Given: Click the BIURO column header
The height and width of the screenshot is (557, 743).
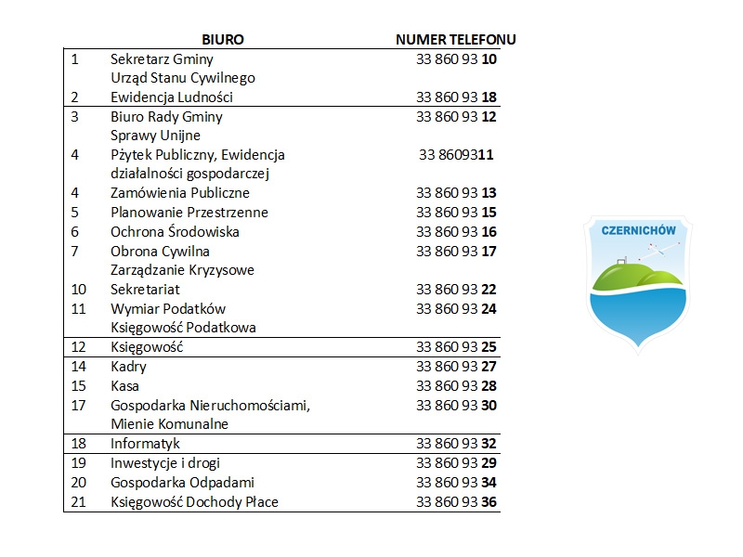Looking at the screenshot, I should (223, 40).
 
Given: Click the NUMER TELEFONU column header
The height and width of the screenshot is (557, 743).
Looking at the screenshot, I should (456, 40).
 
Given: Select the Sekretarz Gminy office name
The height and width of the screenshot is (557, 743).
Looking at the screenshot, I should (162, 58).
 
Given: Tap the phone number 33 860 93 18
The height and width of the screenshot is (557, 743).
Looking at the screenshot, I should (457, 97).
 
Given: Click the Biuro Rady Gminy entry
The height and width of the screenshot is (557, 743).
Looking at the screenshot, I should (166, 117).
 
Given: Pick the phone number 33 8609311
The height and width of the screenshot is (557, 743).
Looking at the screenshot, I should (456, 155).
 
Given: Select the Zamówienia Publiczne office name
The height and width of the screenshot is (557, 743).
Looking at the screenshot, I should (180, 193).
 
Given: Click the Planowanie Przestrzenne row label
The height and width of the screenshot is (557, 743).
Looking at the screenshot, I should (189, 213).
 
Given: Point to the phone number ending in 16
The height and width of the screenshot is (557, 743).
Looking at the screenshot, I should (457, 232).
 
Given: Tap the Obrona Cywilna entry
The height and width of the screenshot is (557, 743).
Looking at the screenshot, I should (160, 252).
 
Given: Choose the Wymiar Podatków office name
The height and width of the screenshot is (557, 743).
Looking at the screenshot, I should (168, 309).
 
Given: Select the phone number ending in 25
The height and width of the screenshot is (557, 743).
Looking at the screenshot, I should (457, 348).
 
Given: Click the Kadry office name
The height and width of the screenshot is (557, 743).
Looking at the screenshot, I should (128, 367).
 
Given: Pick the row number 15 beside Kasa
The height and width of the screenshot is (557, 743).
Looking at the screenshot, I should (78, 386).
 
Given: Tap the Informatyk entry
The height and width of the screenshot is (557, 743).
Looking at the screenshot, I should (145, 444).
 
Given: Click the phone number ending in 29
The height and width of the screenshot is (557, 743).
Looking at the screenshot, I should (457, 463).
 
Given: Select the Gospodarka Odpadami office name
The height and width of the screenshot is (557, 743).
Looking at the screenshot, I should (182, 483).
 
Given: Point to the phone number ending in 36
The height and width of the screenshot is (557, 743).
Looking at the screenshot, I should (457, 502).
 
